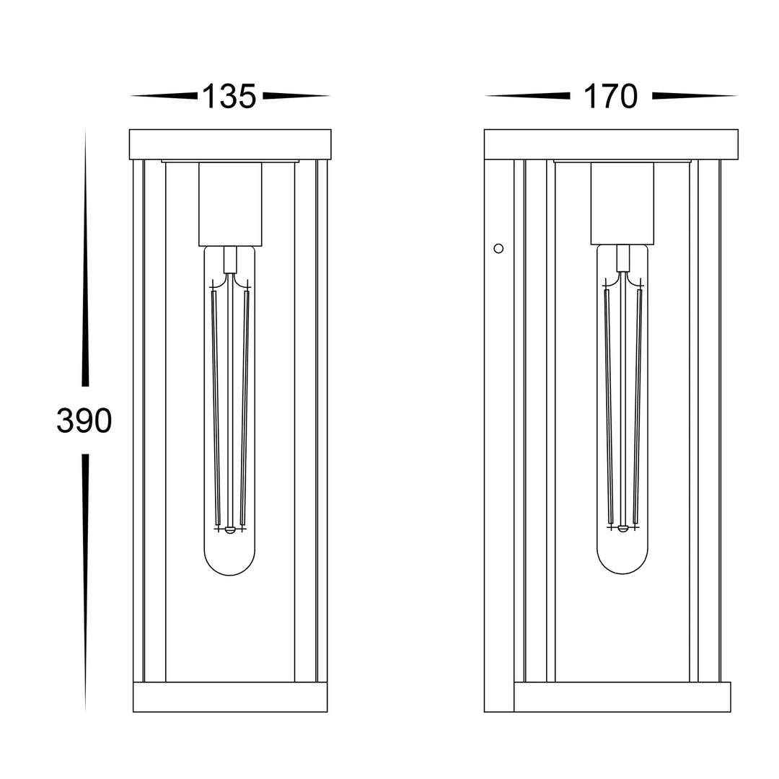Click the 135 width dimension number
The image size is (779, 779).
pos(229,97)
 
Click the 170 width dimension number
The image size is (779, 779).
pos(611,97)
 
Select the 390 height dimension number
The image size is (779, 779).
pos(84,421)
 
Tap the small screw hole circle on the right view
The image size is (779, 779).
pos(498,248)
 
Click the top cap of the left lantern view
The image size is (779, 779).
pos(230,144)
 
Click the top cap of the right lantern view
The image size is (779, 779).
pos(611,144)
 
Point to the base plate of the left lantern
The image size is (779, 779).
pos(230,697)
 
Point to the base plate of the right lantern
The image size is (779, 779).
pos(622,697)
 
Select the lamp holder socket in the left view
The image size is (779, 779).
pos(230,203)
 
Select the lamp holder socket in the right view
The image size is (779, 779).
pos(622,203)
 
